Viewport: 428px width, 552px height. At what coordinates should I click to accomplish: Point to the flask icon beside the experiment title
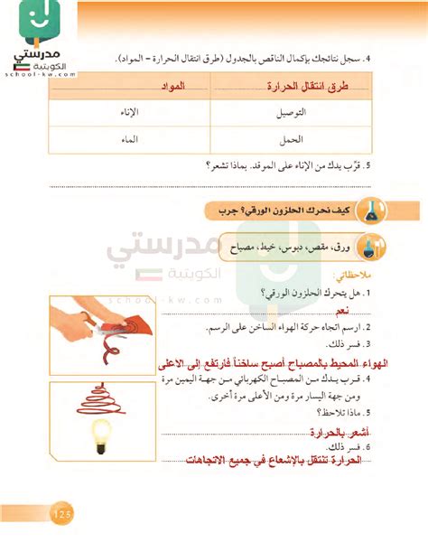tap(367, 213)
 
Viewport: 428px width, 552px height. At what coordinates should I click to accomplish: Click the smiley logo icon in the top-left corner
tap(35, 25)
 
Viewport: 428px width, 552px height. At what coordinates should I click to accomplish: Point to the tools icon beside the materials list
tap(368, 246)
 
